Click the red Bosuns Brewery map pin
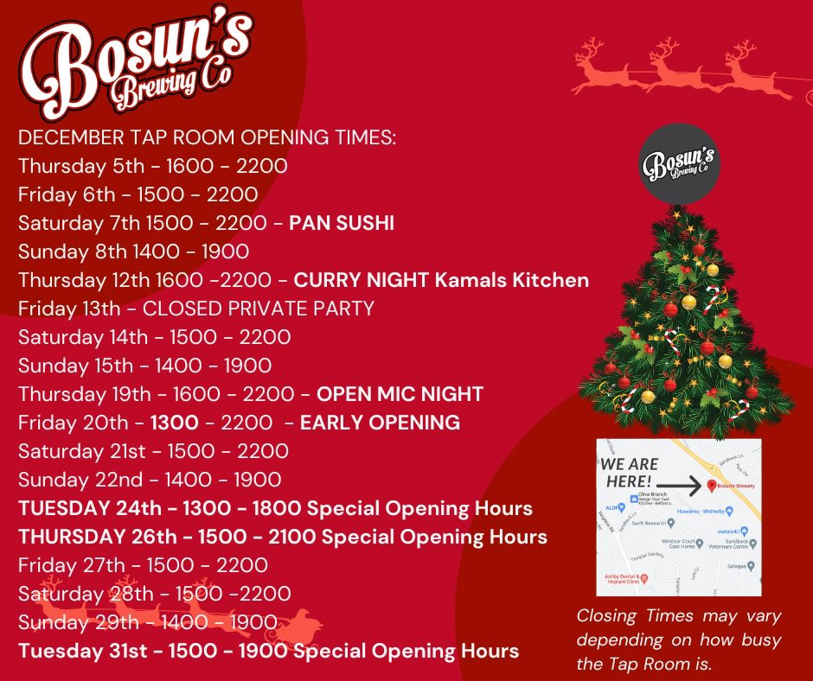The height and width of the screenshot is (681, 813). (x=712, y=486)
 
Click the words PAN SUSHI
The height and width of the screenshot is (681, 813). (x=342, y=223)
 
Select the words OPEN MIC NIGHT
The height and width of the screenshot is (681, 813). (x=400, y=394)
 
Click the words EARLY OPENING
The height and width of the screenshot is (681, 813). (x=380, y=423)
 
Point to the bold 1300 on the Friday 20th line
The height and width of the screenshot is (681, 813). (x=175, y=423)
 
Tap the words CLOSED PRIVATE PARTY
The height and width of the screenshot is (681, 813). (x=259, y=309)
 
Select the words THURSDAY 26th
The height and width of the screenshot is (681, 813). (x=93, y=537)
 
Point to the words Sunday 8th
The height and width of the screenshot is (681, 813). (x=63, y=251)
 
